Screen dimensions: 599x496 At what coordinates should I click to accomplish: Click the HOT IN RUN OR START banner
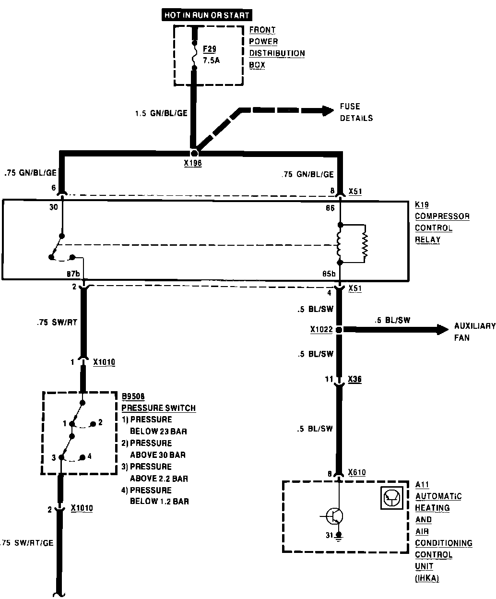[207, 15]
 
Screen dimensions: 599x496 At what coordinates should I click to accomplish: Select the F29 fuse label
[210, 49]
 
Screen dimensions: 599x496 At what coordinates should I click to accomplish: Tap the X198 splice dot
[194, 154]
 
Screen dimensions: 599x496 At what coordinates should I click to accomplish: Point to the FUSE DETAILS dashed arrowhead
[328, 110]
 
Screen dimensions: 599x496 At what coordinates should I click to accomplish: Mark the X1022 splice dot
[338, 330]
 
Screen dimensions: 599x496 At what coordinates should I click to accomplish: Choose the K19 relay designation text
[422, 204]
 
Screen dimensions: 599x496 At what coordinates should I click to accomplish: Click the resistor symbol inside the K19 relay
[365, 243]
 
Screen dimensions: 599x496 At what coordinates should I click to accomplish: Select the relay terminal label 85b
[329, 274]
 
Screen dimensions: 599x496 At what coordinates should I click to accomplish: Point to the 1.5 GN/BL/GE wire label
[161, 114]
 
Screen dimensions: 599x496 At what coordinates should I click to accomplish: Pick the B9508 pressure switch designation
[133, 396]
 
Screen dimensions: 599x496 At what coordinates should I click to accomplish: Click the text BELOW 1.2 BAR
[159, 502]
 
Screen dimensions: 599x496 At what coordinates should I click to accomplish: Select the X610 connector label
[357, 473]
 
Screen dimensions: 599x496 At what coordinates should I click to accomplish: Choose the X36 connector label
[354, 379]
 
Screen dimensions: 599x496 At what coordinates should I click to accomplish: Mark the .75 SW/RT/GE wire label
[27, 543]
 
